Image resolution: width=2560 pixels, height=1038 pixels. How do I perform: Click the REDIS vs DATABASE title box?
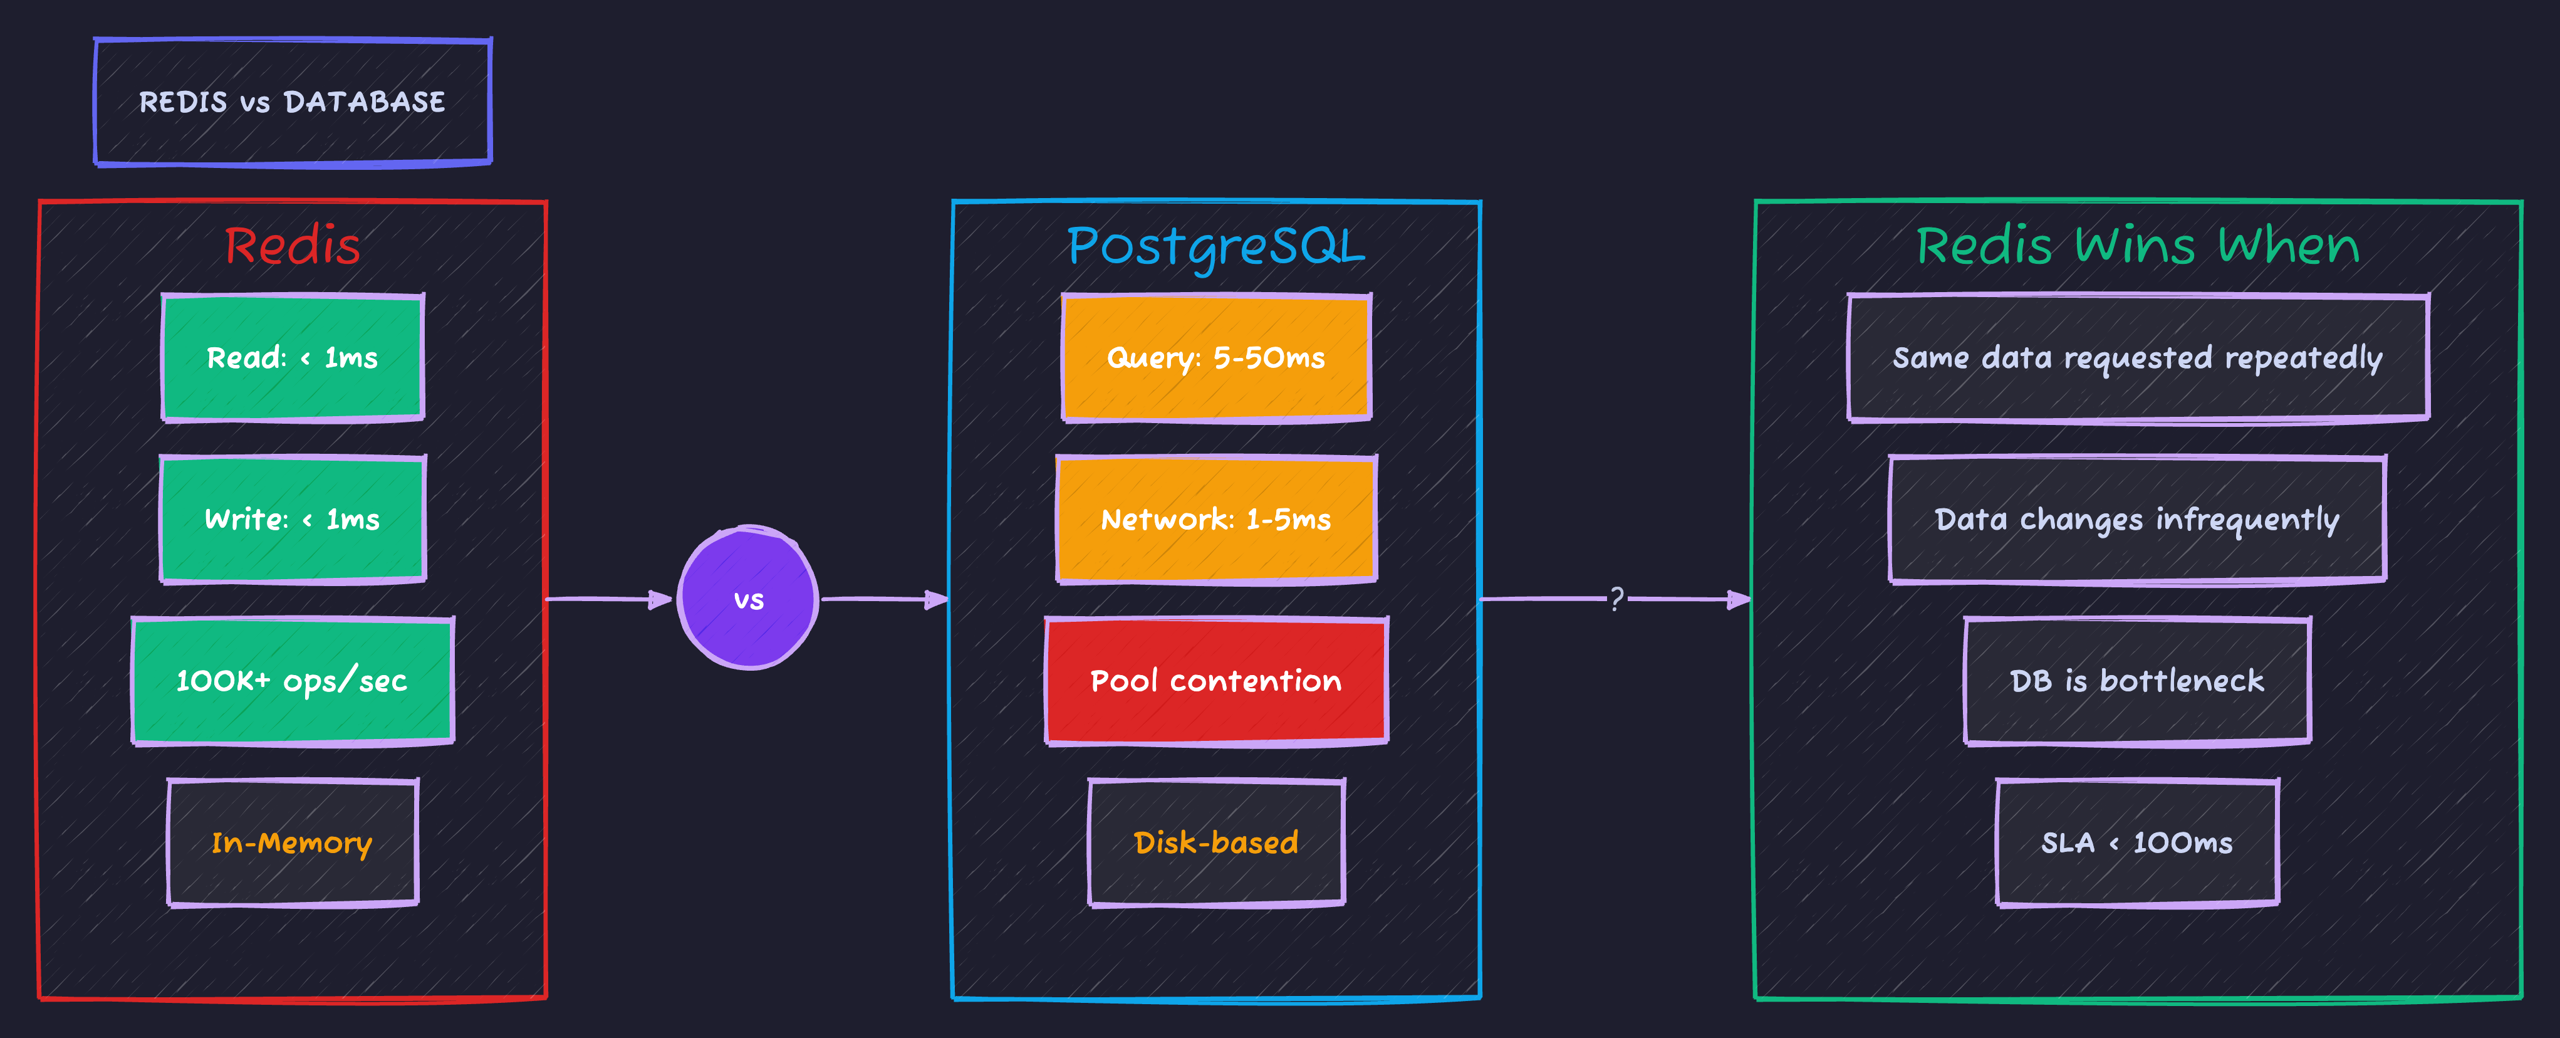tap(292, 102)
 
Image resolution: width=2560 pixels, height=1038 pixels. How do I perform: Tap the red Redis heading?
tap(292, 246)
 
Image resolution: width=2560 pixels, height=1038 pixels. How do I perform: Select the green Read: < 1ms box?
tap(292, 358)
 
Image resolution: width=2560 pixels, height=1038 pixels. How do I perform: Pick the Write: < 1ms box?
tap(292, 519)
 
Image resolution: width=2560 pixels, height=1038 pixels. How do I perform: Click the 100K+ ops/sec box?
tap(292, 681)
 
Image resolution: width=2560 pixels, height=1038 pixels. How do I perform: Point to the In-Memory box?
tap(292, 843)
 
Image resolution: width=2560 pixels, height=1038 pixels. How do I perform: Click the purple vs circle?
tap(748, 599)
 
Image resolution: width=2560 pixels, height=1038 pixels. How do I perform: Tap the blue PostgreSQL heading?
tap(1215, 246)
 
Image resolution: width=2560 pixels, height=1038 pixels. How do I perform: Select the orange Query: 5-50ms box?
tap(1215, 358)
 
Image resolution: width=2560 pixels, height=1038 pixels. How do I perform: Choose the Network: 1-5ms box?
tap(1215, 519)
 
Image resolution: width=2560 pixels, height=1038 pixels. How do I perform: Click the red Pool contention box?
tap(1215, 681)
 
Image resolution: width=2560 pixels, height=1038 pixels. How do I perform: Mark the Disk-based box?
tap(1215, 843)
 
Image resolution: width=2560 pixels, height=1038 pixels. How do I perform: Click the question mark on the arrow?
tap(1617, 599)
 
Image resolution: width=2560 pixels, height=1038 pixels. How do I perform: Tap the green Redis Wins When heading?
tap(2138, 246)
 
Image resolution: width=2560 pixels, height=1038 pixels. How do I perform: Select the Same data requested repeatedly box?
tap(2138, 358)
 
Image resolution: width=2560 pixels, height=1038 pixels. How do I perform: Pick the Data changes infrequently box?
tap(2138, 519)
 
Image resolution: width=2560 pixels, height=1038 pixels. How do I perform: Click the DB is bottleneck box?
tap(2138, 681)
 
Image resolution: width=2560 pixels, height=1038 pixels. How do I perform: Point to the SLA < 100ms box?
tap(2138, 843)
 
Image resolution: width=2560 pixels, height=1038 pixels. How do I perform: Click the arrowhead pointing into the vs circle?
tap(661, 599)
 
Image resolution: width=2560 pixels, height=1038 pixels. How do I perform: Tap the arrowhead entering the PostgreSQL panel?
tap(937, 599)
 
